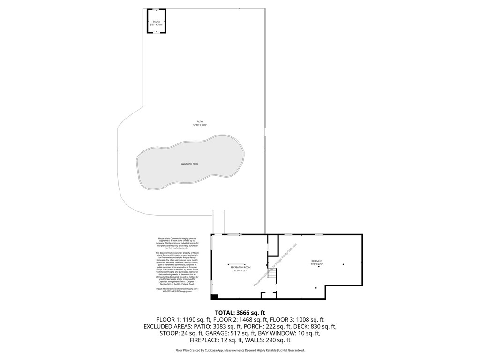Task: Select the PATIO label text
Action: click(200, 122)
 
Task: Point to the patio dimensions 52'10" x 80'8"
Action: click(200, 125)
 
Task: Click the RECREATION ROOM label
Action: click(240, 267)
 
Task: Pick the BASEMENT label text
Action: click(317, 261)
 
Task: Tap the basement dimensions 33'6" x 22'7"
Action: click(317, 264)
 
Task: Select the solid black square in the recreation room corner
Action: click(214, 296)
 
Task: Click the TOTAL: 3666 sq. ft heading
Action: click(240, 312)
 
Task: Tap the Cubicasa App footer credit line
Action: click(240, 350)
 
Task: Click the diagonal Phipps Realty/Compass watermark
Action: click(275, 265)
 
